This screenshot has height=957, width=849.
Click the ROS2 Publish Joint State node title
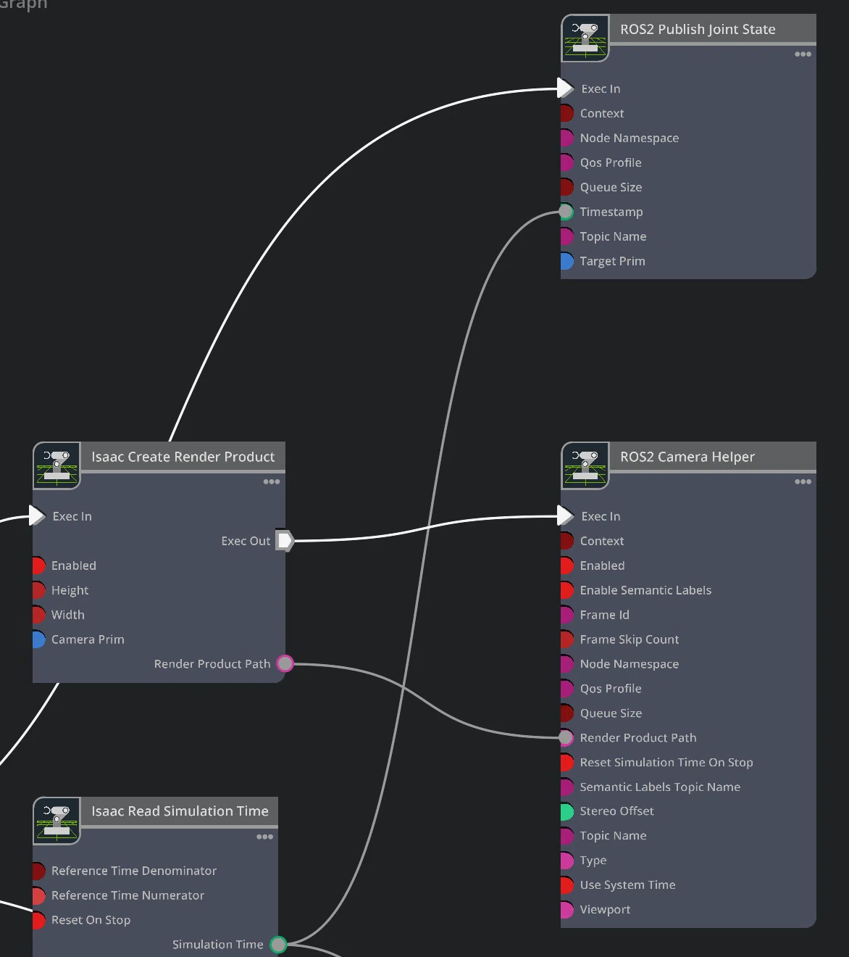coord(698,29)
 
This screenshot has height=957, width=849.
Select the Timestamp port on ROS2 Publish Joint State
coord(566,212)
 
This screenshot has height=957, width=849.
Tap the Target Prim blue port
coord(566,261)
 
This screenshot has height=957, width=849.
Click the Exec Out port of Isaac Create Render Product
coord(285,541)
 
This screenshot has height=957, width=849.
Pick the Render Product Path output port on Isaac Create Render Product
coord(285,663)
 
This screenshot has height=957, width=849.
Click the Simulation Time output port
coord(278,944)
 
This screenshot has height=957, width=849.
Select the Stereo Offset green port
coord(566,811)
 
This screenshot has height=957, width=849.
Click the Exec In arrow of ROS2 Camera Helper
coord(565,515)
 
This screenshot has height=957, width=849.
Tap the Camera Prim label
coord(88,639)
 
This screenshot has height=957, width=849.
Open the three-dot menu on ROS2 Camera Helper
coord(803,482)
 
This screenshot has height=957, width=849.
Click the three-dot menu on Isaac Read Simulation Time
coord(264,837)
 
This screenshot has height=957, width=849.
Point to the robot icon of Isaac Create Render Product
coord(57,465)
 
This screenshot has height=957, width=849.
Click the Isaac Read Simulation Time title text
coord(180,811)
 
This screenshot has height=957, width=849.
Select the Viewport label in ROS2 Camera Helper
coord(605,909)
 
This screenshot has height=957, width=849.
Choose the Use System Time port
coord(566,884)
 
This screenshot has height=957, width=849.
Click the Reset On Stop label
coord(91,920)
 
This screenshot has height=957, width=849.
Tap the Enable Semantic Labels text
coord(645,590)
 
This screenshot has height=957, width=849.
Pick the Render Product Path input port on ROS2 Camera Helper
coord(566,737)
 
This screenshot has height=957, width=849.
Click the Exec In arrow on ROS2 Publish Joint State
coord(565,88)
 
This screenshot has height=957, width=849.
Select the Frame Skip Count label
coord(630,639)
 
